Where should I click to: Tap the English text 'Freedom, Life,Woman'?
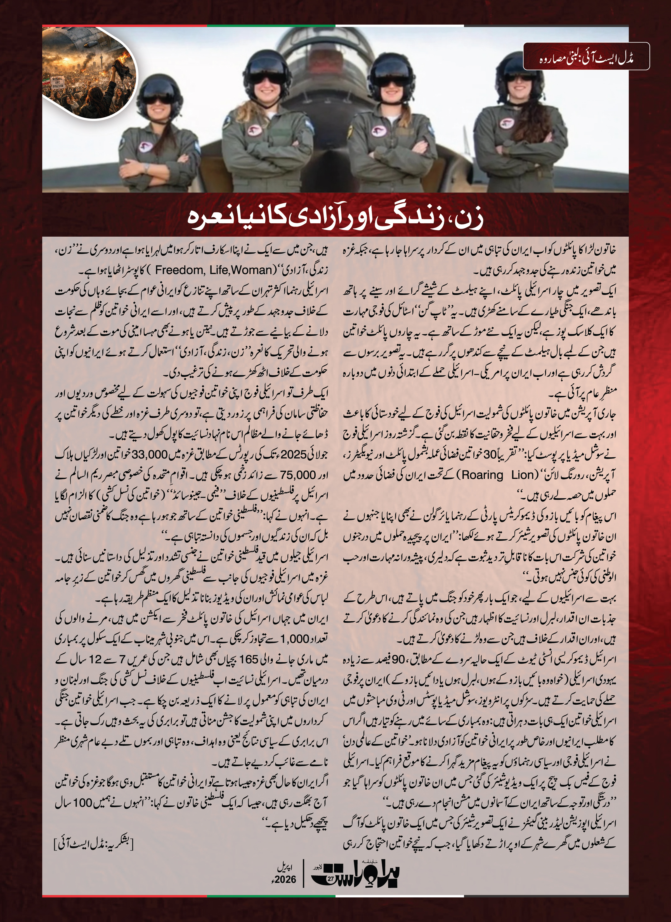pyautogui.click(x=213, y=270)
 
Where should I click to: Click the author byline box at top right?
pyautogui.click(x=586, y=57)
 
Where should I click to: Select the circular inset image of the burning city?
pyautogui.click(x=90, y=73)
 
